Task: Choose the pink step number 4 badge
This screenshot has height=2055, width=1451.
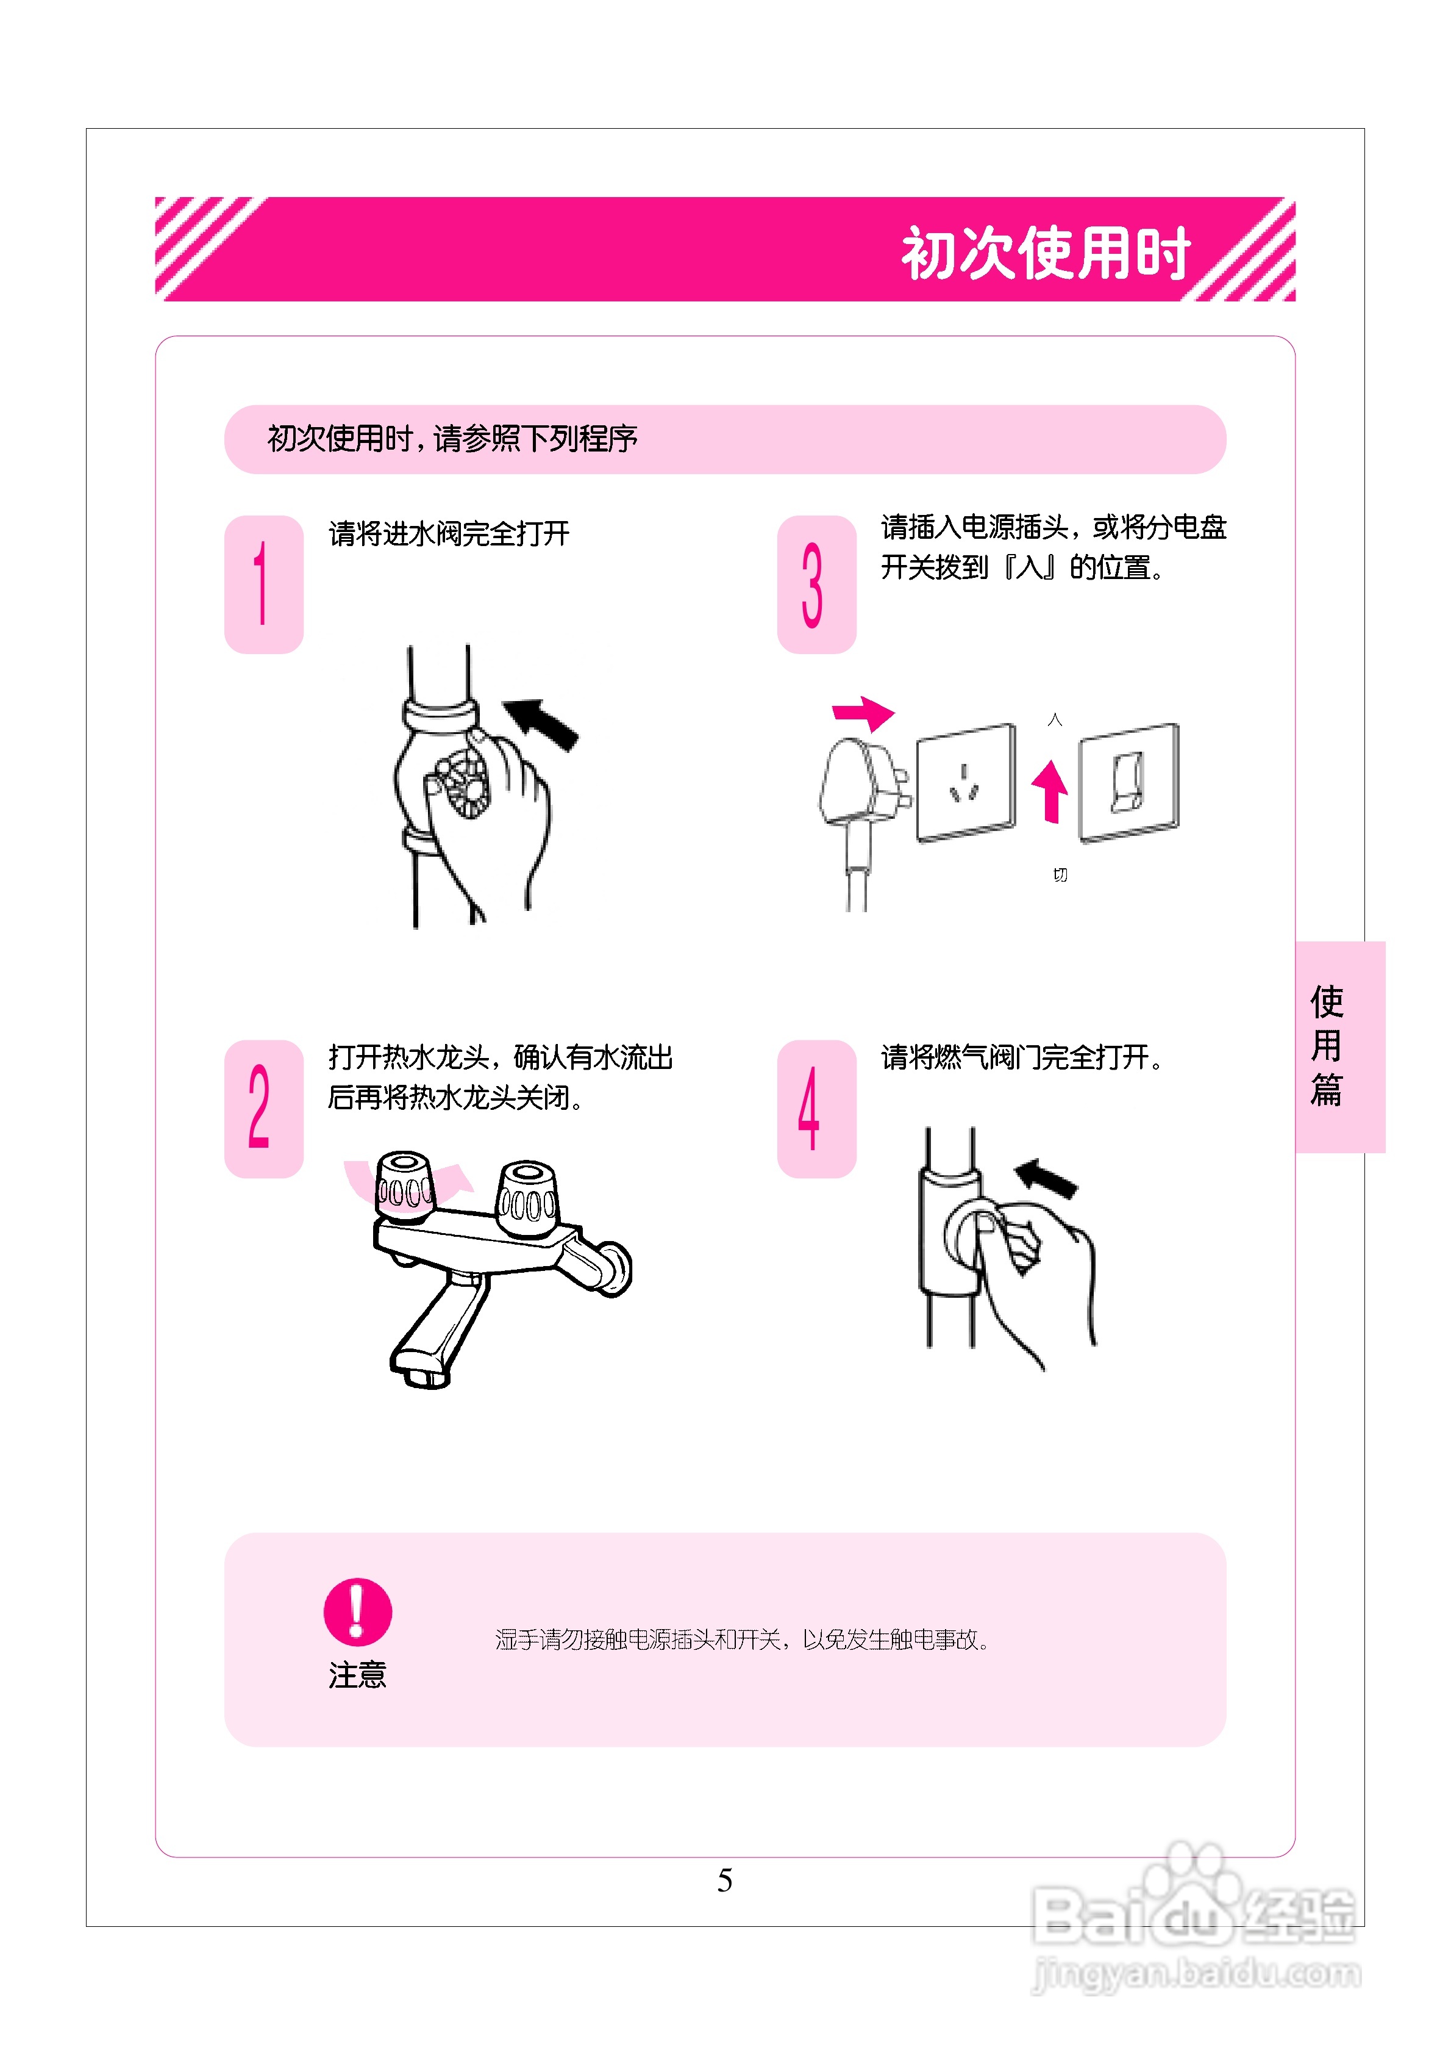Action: (x=816, y=1108)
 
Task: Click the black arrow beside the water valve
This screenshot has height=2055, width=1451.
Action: (x=542, y=723)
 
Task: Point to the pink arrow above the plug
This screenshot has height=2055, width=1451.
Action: (x=863, y=713)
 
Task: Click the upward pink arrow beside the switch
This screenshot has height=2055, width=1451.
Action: (x=1050, y=790)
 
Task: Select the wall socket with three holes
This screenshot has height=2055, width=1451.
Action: (x=965, y=782)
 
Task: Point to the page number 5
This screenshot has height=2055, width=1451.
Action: (x=725, y=1879)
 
